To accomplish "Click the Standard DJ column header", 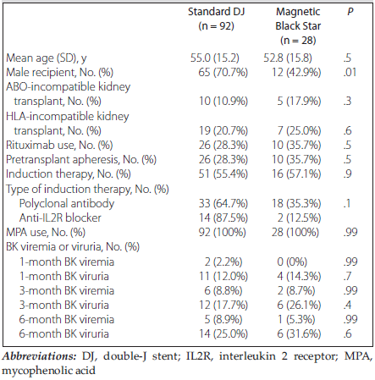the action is pos(217,19).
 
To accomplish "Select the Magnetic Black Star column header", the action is pos(298,26).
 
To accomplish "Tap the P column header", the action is pos(350,12).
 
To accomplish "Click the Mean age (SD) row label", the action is pos(47,58).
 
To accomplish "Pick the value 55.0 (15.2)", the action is pos(214,58).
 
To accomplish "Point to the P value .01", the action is pos(350,72).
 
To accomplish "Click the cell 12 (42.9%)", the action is pos(296,73).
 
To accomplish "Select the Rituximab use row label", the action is pos(59,145).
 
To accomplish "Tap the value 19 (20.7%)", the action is pos(223,130).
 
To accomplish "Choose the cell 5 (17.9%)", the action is pos(299,102).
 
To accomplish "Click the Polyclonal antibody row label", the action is pos(67,203).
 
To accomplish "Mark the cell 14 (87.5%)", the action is pos(223,218).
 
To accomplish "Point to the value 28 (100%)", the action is pos(295,232).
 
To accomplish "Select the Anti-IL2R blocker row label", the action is pos(60,218).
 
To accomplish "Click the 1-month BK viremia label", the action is pos(67,262).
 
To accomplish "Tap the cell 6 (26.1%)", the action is pos(299,305).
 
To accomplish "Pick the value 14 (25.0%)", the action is pos(223,334).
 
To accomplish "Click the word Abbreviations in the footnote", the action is pos(39,356).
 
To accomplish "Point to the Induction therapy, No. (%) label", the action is pos(69,174).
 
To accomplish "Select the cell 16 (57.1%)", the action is pos(296,173).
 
